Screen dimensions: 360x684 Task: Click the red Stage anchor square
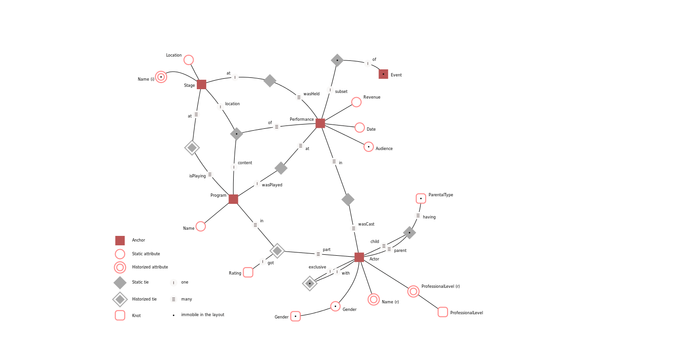coord(202,84)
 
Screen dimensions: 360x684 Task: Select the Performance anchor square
coord(320,123)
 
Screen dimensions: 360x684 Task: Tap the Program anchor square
coord(233,199)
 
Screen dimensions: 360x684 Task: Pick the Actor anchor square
coord(359,257)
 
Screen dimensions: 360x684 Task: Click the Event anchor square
coord(383,74)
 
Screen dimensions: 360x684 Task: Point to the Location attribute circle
coord(188,60)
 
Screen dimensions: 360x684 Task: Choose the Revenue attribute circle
coord(356,102)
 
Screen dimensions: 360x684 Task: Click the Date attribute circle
coord(360,127)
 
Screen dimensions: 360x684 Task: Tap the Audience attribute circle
coord(369,147)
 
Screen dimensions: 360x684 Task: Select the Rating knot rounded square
coord(248,272)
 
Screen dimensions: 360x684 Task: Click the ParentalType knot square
coord(421,199)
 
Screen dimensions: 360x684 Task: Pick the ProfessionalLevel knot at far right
coord(443,312)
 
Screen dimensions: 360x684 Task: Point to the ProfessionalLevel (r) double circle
coord(414,292)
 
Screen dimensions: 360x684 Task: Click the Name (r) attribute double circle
coord(373,300)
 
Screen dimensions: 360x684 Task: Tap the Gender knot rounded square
coord(296,316)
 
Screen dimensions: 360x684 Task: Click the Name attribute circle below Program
coord(201,226)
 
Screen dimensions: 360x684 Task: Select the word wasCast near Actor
coord(366,225)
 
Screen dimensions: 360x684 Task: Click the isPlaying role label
coord(197,176)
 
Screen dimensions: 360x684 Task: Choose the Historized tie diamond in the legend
coord(120,299)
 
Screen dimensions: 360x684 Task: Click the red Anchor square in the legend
coord(120,241)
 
